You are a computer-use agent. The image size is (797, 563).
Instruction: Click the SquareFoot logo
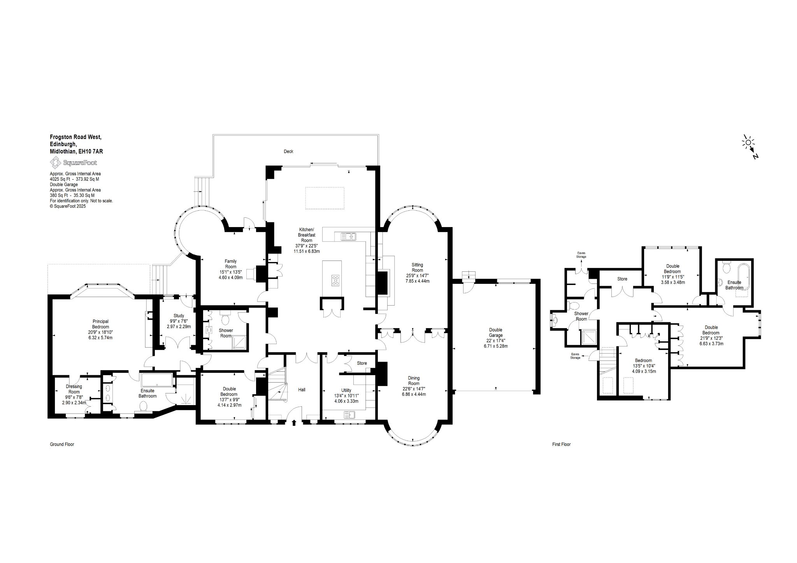pos(74,163)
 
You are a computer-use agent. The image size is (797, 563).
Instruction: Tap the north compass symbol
pos(750,148)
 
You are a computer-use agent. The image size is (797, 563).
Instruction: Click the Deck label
pos(288,151)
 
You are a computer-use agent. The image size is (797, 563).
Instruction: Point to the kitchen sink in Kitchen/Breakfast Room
pos(349,236)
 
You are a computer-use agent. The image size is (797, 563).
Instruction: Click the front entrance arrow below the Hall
pos(293,422)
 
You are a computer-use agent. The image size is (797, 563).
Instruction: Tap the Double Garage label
pos(496,332)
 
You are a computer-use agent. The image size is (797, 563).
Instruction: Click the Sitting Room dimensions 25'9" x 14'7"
pos(417,276)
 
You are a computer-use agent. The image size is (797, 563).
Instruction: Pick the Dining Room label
pos(414,380)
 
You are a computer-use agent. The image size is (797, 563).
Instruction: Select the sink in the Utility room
pos(349,415)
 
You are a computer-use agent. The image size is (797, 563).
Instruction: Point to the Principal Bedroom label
pos(100,324)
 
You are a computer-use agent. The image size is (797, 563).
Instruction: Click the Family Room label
pos(231,264)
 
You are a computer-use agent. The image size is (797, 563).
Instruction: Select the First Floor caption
pos(561,444)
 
